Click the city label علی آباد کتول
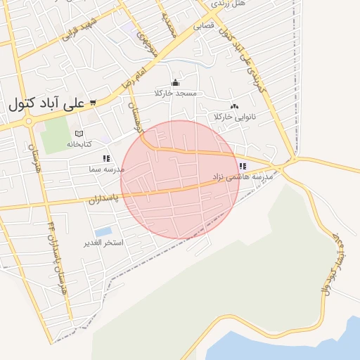tap(46, 103)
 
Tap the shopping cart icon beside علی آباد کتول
tap(92, 103)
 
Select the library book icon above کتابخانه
tap(79, 134)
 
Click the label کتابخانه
tap(79, 143)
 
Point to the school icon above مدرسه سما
tap(106, 159)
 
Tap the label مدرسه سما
tap(106, 169)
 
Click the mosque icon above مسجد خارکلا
tap(175, 83)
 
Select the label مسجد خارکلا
tap(179, 93)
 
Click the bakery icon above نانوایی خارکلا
tap(234, 106)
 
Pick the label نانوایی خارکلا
tap(236, 116)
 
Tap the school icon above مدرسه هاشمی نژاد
tap(243, 167)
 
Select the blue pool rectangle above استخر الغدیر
tap(103, 231)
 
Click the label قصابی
tap(203, 26)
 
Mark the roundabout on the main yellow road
tap(30, 120)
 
